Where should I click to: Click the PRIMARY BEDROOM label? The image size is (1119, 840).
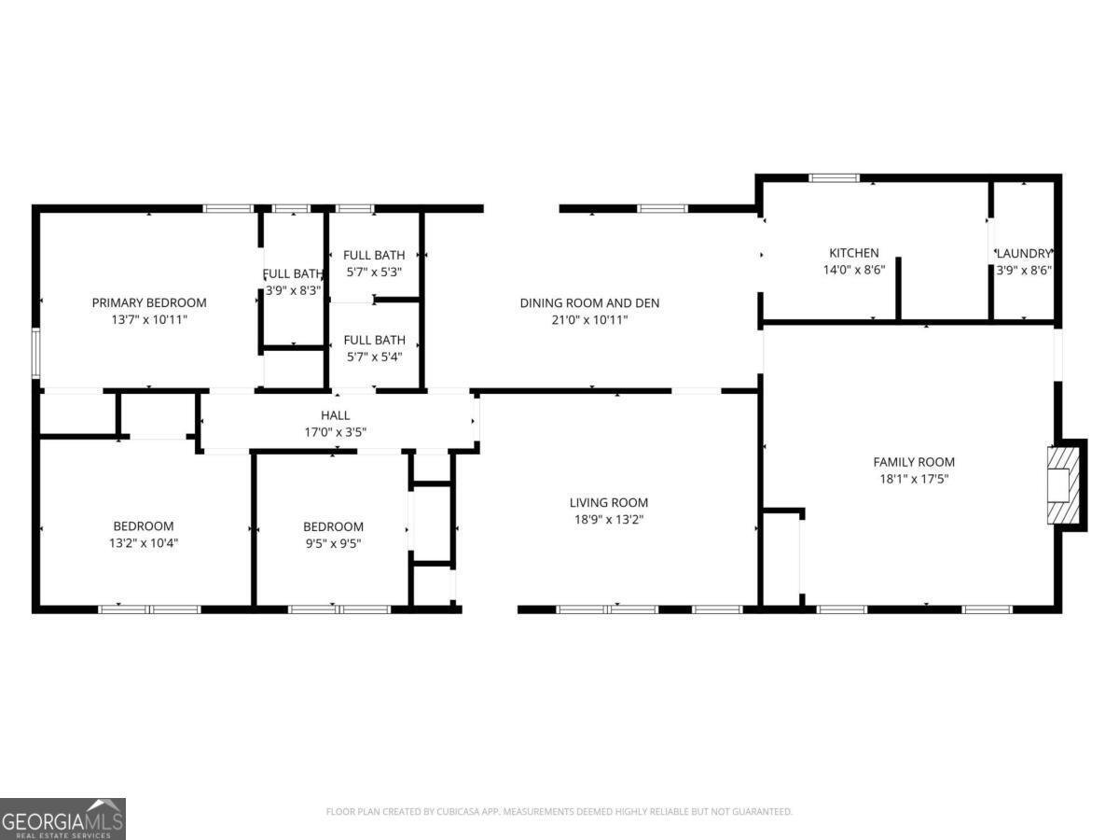[149, 302]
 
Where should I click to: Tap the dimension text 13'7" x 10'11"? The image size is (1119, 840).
[149, 319]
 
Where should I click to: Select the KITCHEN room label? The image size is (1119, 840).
[854, 253]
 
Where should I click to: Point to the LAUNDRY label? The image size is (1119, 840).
[1024, 253]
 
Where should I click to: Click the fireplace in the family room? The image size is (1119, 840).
[1063, 484]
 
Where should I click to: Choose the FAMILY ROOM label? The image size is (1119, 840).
[914, 462]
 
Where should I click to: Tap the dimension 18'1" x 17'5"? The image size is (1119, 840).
[914, 479]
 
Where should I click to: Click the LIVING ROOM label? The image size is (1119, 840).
[610, 502]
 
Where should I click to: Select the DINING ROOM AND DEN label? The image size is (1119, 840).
[589, 302]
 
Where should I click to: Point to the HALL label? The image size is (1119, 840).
[336, 415]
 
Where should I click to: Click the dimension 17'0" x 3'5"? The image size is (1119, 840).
[336, 432]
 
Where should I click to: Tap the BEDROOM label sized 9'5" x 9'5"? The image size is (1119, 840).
[333, 526]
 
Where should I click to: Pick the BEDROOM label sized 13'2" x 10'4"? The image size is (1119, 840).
[144, 526]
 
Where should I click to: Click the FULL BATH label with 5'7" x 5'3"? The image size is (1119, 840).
[374, 255]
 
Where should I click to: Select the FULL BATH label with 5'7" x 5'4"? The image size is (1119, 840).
[374, 340]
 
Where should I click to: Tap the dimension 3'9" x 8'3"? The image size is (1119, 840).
[294, 290]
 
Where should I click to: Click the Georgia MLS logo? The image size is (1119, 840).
[62, 819]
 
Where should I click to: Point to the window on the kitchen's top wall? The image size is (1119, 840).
[834, 177]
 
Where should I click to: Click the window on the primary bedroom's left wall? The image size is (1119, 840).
[35, 352]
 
